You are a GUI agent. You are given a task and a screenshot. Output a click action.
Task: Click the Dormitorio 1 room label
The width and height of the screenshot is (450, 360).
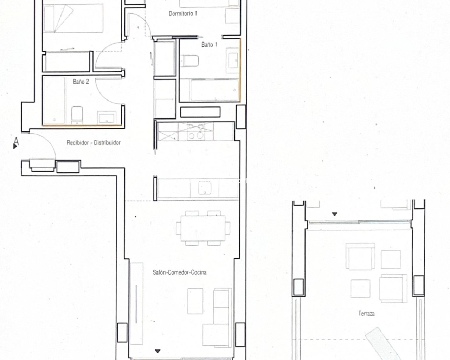pos(183,14)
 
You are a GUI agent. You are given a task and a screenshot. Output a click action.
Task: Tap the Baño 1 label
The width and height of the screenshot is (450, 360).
pos(209,45)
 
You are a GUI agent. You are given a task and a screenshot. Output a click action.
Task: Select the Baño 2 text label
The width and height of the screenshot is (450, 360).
pos(81,82)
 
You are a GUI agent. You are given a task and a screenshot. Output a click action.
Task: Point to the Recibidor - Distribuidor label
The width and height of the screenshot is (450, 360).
pos(94,143)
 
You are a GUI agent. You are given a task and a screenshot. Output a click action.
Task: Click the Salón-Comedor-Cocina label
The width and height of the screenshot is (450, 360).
pos(180,272)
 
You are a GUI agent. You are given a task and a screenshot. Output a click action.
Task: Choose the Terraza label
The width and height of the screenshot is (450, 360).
pos(366,313)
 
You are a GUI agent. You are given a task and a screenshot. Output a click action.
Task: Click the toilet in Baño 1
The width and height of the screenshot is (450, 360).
pos(189,61)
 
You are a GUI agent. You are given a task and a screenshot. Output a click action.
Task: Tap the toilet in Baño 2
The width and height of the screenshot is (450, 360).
pos(77,115)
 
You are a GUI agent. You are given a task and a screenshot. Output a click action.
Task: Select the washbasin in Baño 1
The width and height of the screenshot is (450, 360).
pos(233,60)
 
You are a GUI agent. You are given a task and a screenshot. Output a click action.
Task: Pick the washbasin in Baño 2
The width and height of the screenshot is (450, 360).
pos(107,118)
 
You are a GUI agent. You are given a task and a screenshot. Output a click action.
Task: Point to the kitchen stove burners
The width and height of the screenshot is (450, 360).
pos(196,131)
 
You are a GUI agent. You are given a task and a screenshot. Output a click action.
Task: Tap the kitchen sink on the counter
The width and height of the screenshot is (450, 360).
pos(205,188)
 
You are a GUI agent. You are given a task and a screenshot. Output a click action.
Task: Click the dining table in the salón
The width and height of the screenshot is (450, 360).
pos(203,228)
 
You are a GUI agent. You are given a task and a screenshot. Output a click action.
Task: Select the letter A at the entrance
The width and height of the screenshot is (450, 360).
pos(16,141)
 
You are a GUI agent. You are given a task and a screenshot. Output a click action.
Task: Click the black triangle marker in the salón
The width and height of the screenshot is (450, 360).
pos(157,351)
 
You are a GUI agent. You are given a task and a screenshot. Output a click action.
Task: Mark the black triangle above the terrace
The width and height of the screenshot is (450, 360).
pos(335,214)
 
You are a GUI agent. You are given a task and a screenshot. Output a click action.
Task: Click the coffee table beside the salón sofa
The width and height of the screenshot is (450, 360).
pos(195,301)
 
